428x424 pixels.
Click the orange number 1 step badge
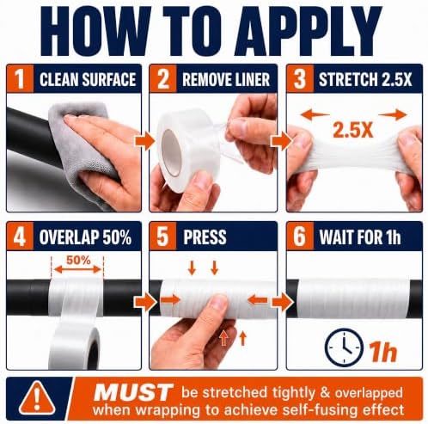point(20,78)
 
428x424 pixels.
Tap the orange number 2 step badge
point(163,78)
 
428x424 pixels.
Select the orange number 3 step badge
point(300,78)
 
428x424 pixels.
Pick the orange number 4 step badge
point(20,237)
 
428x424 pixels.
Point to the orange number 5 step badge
point(163,237)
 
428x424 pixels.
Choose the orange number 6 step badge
point(300,237)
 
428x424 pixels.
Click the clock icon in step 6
point(345,347)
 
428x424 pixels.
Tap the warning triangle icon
point(37,398)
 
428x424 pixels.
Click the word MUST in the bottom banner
point(133,392)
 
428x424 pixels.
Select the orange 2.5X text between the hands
point(352,131)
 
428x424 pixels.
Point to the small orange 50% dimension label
point(78,260)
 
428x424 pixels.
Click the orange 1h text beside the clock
point(383,351)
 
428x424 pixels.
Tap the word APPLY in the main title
point(308,31)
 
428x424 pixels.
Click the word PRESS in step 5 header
point(205,237)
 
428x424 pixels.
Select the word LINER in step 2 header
point(250,79)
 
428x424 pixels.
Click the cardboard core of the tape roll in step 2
point(171,152)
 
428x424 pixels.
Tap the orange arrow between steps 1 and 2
point(144,141)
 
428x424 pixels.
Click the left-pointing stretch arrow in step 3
point(315,115)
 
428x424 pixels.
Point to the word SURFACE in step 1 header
point(109,79)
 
